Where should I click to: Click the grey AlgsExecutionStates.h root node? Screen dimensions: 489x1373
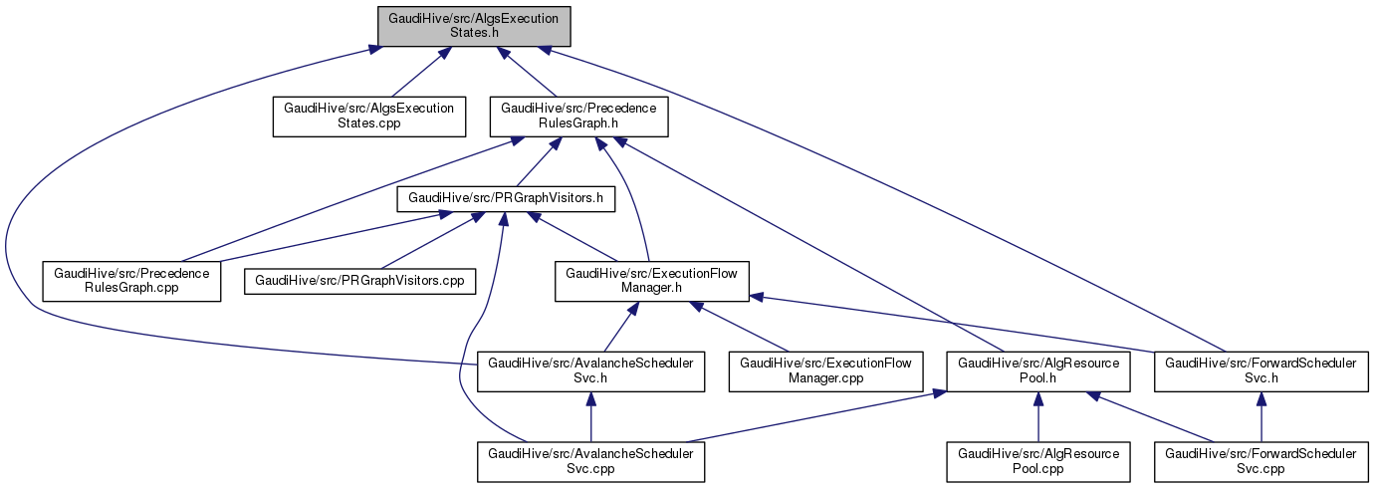point(472,24)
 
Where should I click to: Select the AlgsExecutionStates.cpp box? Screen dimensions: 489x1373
point(369,117)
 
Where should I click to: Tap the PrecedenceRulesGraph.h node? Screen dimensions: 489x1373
point(578,117)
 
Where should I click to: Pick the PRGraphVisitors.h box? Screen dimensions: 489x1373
point(506,198)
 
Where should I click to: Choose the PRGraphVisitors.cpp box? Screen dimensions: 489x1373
point(358,280)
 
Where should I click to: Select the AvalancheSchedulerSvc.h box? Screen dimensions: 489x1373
point(591,371)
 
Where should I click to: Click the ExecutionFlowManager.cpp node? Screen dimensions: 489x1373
point(827,371)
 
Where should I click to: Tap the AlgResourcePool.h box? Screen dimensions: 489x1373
point(1038,371)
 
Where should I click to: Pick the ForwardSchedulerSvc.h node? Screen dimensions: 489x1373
point(1260,371)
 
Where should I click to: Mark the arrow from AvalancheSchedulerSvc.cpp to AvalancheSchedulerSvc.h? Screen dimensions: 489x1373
point(591,417)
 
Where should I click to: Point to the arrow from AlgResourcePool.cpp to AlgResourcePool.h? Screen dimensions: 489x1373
point(1038,417)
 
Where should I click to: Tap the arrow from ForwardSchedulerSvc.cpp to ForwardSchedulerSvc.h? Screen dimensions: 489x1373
point(1260,417)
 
